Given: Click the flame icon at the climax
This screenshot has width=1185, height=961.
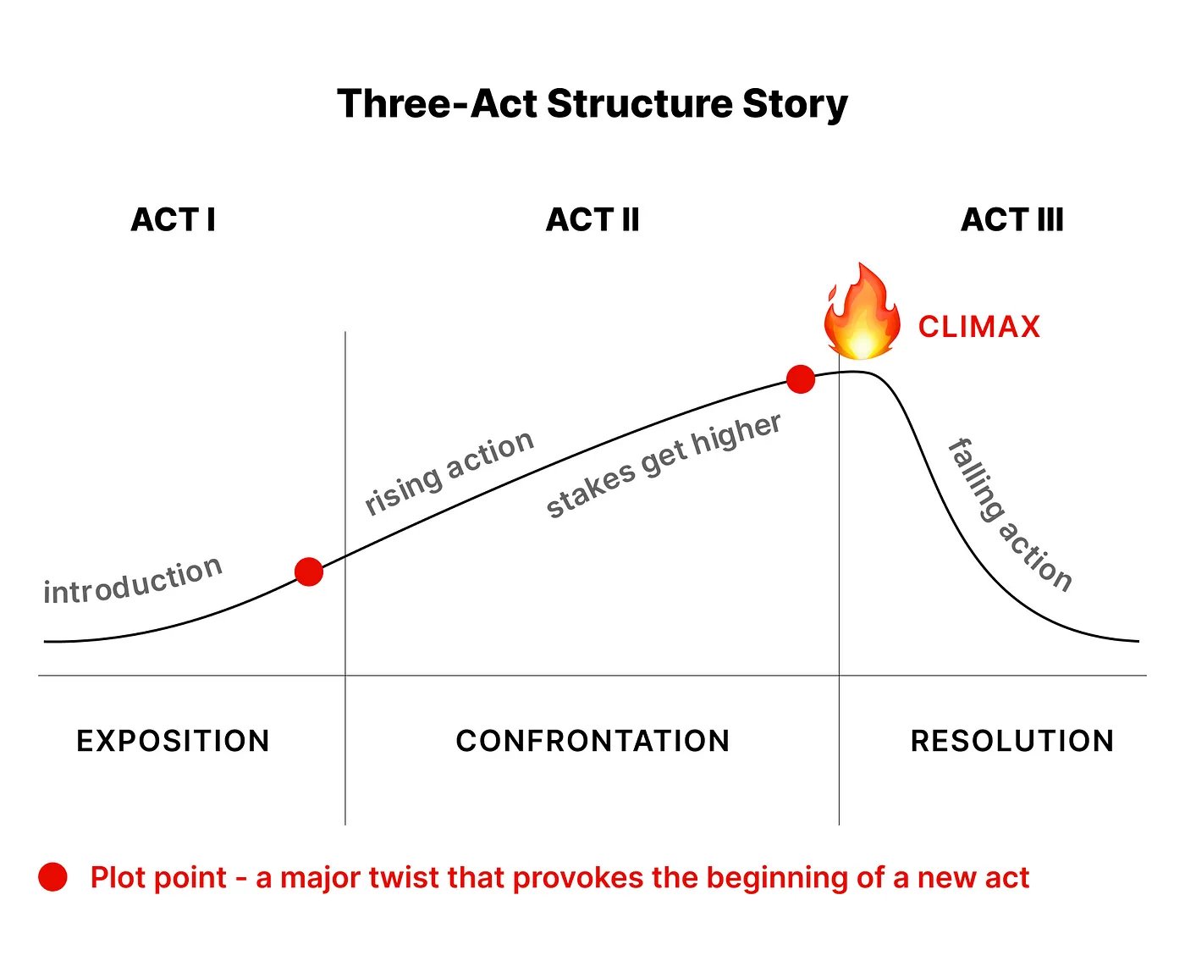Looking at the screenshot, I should (x=862, y=313).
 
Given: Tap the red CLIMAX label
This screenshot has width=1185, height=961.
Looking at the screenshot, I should (x=979, y=327).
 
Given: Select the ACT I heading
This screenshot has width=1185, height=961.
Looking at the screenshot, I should (x=174, y=220).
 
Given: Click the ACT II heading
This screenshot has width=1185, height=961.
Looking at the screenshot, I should (x=592, y=220).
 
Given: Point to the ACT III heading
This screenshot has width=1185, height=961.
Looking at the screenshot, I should (x=1012, y=220).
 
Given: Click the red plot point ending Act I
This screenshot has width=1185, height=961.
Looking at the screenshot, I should (x=309, y=572).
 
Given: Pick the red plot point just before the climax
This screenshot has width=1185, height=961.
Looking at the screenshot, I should (x=801, y=379).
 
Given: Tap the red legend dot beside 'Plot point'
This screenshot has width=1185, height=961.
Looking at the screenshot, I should (x=53, y=878).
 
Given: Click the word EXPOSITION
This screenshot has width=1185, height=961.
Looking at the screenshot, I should (x=174, y=742).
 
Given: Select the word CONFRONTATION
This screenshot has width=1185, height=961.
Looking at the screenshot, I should (x=592, y=742).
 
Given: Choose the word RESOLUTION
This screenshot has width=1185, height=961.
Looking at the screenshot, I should (x=1012, y=742).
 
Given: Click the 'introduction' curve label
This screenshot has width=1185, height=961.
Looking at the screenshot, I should (x=133, y=582).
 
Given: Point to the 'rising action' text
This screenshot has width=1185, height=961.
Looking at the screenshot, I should (x=449, y=472).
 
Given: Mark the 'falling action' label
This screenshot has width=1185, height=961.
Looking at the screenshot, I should (x=1010, y=515).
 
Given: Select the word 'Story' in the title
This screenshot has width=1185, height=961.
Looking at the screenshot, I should (x=795, y=104).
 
